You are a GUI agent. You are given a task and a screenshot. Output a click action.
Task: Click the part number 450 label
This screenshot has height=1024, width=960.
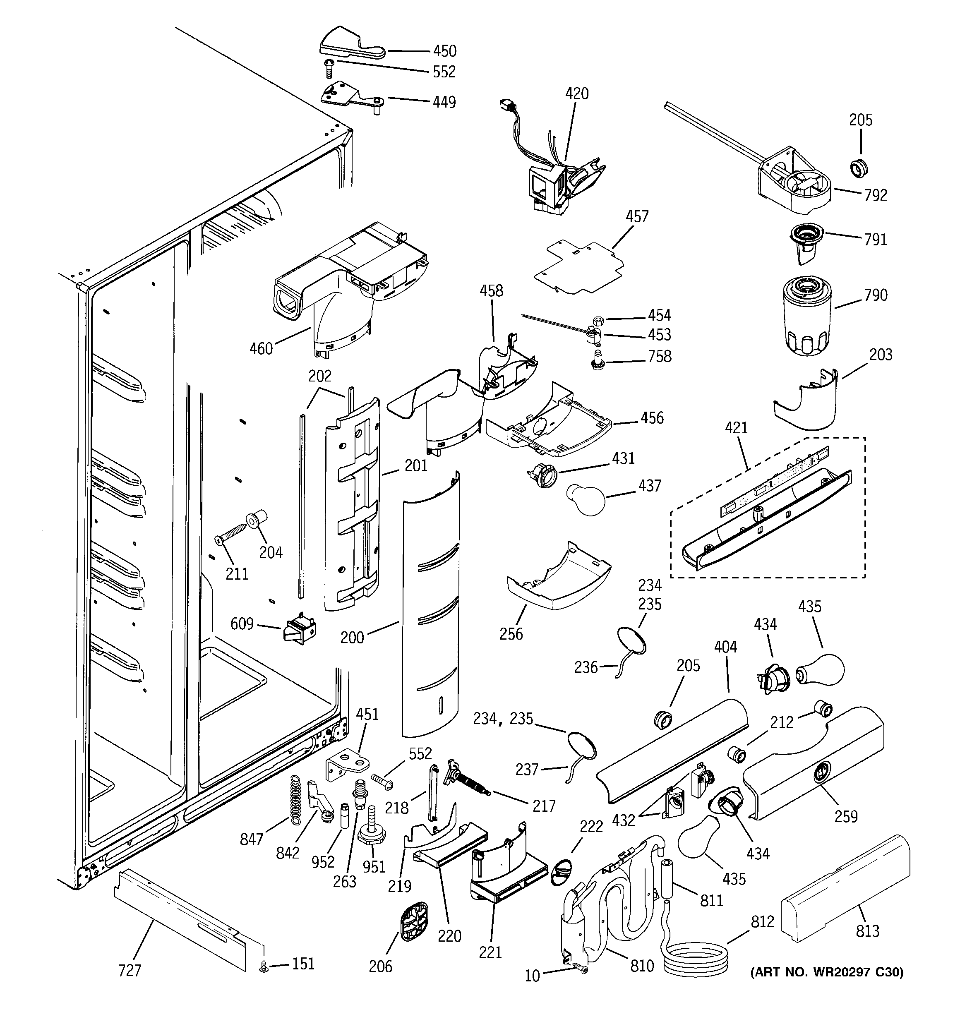coord(444,51)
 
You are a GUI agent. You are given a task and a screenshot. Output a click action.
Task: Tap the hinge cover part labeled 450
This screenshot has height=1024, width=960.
coord(343,43)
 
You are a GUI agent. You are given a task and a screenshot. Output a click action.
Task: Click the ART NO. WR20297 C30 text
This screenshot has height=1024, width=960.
coord(826,972)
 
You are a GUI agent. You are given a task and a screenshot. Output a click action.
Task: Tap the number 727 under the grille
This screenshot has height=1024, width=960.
coord(130,971)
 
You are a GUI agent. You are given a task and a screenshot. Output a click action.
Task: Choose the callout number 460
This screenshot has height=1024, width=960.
coord(261,349)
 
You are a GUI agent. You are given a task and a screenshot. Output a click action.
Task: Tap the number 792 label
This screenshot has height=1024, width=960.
coord(876,195)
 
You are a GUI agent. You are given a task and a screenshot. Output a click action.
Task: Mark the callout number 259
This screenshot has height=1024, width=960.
coord(846,816)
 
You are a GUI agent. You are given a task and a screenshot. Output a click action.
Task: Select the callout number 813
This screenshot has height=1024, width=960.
coord(867,931)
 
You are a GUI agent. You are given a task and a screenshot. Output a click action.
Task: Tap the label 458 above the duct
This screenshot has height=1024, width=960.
coord(491,290)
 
